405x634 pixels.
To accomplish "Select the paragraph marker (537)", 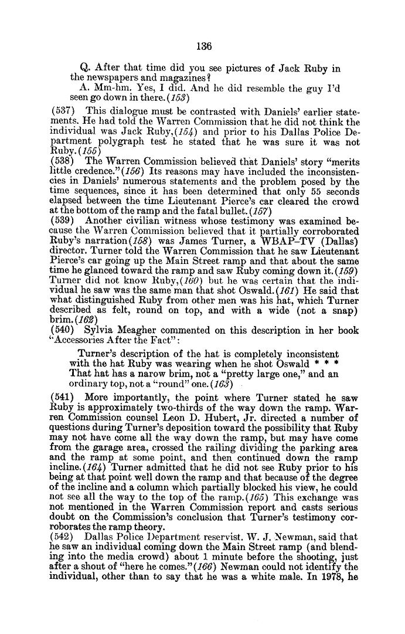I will point(63,111).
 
